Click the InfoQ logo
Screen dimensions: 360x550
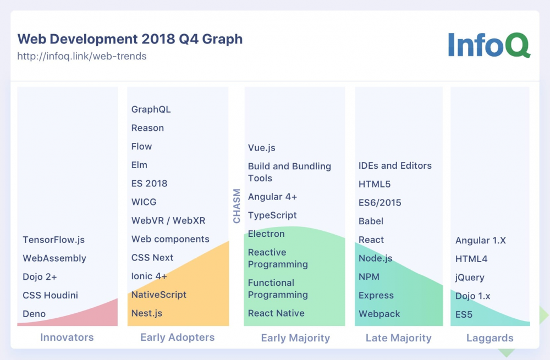coord(488,45)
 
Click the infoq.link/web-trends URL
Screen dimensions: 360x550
coord(82,56)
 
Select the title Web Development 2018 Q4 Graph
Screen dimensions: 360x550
coord(130,39)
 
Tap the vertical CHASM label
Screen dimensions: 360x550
coord(237,206)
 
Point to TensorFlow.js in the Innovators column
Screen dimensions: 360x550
coord(54,240)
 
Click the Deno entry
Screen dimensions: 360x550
coord(34,314)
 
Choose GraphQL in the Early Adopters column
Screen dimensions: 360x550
coord(151,109)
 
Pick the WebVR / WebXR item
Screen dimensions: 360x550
coord(168,220)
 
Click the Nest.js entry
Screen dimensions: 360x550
coord(147,313)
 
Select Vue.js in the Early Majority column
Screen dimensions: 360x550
coord(262,148)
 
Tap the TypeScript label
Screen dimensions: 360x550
coord(272,215)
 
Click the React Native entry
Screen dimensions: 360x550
coord(276,313)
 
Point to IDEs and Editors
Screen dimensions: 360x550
coord(395,165)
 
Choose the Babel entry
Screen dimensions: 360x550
coord(371,221)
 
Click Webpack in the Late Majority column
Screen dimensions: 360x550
coord(380,314)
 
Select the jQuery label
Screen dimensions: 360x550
coord(470,278)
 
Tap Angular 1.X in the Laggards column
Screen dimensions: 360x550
coord(481,240)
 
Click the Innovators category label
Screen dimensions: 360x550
coord(67,337)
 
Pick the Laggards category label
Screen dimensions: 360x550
coord(490,338)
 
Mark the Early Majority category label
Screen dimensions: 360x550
coord(295,338)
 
